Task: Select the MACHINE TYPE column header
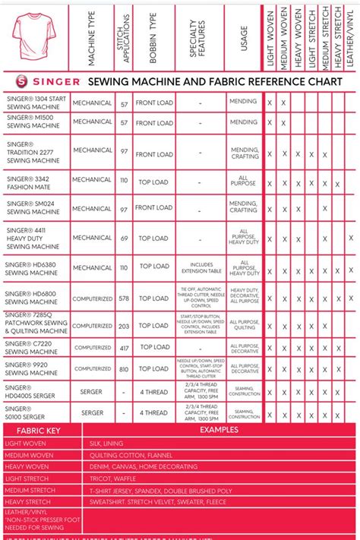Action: (92, 35)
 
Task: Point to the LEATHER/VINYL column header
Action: (351, 35)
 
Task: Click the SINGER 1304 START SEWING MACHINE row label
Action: (36, 103)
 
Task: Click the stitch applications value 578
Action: (123, 298)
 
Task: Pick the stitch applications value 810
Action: (123, 368)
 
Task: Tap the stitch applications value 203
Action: (123, 326)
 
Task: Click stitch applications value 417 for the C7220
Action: (123, 347)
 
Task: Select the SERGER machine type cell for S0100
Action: (92, 412)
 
